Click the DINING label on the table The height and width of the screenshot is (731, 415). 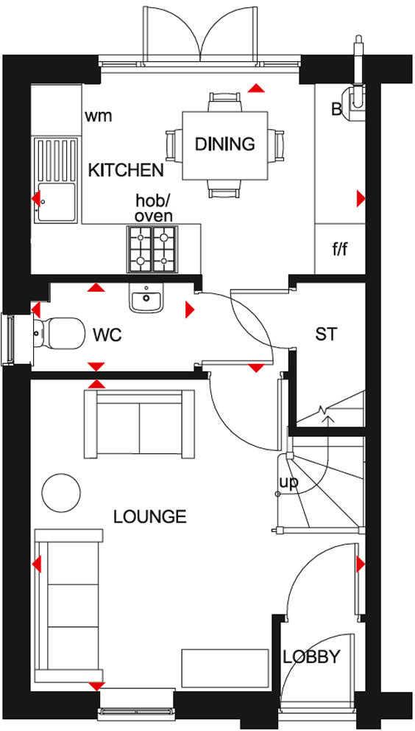coord(224,144)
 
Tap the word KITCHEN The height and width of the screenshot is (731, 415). coord(126,170)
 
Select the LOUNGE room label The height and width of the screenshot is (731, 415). coord(149,517)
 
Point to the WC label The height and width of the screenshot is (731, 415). coord(107,335)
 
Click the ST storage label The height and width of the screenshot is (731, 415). coord(326,334)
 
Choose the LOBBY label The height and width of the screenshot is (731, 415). coord(312,657)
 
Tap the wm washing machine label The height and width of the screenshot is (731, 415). coord(98,116)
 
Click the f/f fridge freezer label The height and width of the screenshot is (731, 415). coord(339,249)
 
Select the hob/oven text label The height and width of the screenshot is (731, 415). coord(154,208)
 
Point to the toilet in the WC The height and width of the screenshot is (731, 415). coord(57,332)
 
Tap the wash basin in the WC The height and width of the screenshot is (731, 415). coord(146,299)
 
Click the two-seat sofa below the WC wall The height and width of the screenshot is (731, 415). coord(140,422)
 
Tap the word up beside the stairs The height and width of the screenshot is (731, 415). coord(288,483)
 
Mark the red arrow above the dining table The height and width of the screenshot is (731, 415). coord(256,88)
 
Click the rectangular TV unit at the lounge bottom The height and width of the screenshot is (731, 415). coord(225,669)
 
